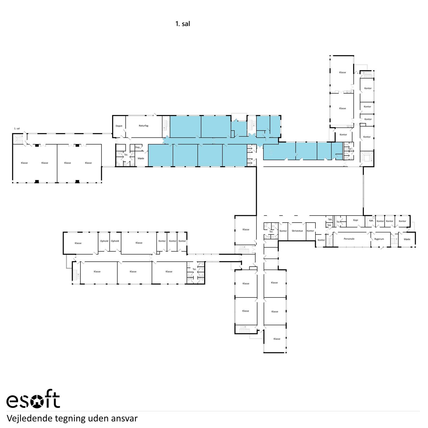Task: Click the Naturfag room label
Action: click(143, 126)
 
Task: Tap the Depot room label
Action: click(119, 126)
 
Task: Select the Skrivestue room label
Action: click(297, 231)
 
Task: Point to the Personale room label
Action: click(349, 239)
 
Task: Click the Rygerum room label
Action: click(379, 239)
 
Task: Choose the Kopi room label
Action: click(355, 220)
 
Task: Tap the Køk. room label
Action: click(371, 220)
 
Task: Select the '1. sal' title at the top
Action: click(183, 24)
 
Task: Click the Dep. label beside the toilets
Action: click(138, 147)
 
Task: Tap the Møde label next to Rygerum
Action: click(407, 239)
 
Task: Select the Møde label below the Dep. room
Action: click(141, 158)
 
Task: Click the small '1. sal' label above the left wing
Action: click(17, 128)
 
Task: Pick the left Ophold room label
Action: click(104, 241)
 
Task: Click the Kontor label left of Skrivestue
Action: click(283, 231)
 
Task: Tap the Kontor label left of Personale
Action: click(321, 240)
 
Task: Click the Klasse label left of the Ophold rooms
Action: click(78, 243)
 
